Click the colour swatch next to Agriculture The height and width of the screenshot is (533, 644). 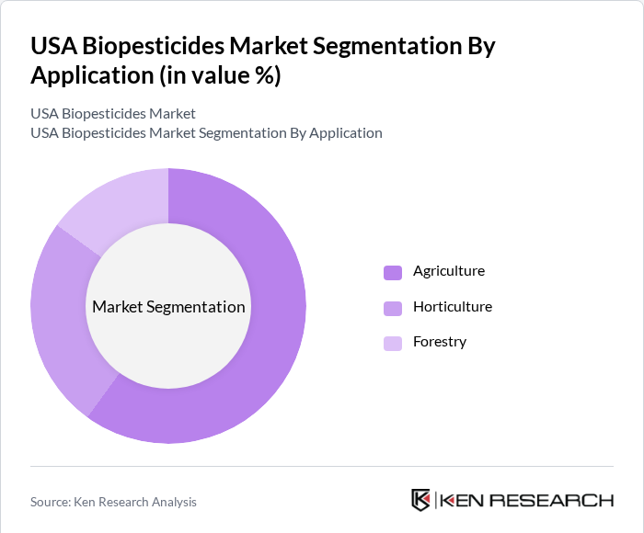point(393,272)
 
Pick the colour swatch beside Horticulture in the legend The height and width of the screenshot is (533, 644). point(393,307)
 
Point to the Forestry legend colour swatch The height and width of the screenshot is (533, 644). point(393,343)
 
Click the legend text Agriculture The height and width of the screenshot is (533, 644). point(449,271)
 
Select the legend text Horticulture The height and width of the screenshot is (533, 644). point(453,306)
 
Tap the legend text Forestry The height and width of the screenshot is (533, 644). point(440,342)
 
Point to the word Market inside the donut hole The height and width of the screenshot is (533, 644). point(118,307)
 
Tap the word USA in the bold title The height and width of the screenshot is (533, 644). point(52,46)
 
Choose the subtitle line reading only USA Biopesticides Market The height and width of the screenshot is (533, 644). point(113,114)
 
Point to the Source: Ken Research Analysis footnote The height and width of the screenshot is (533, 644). point(113,502)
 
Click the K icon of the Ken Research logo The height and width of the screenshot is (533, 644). point(421,500)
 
